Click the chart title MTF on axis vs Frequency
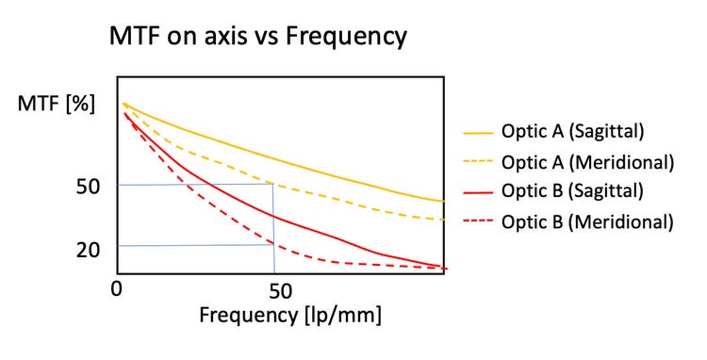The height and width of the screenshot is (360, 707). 258,37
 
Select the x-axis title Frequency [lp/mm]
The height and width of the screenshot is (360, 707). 290,314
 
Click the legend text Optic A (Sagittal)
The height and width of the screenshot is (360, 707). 580,131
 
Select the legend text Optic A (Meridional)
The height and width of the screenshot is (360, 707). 588,161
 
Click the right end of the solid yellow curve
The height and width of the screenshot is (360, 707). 442,201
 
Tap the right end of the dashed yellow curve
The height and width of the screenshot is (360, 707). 442,220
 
